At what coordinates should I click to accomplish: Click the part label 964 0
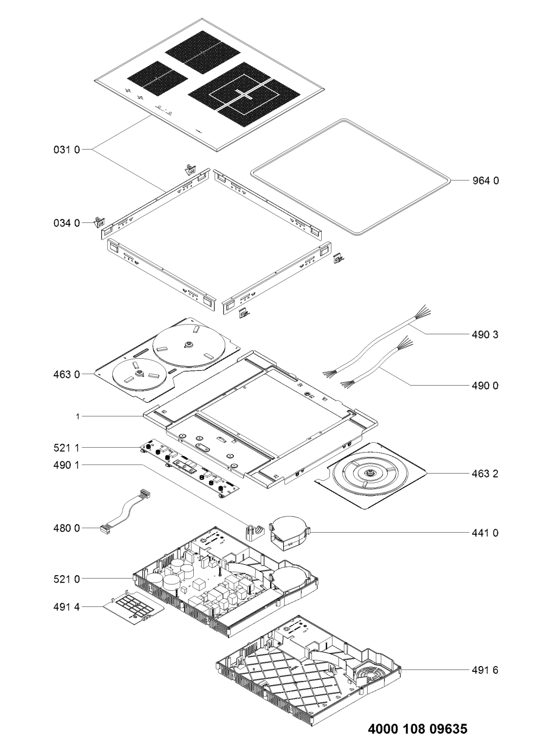tap(485, 181)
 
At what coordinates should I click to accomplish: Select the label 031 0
tap(67, 150)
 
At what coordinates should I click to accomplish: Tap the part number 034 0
tap(67, 223)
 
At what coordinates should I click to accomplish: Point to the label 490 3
tap(485, 334)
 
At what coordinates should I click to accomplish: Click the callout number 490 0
tap(485, 385)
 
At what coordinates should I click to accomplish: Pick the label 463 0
tap(67, 374)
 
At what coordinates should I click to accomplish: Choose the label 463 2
tap(485, 474)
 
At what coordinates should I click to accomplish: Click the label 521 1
tap(67, 448)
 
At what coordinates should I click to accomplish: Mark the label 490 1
tap(67, 465)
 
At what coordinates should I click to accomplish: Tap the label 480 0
tap(67, 528)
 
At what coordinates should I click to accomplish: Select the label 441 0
tap(485, 533)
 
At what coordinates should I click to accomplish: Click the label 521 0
tap(67, 579)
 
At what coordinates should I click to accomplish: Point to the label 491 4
tap(67, 607)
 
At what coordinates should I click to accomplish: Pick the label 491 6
tap(485, 670)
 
